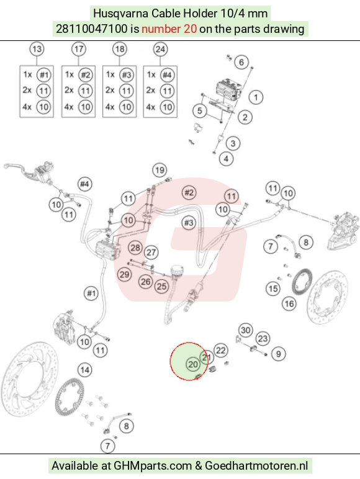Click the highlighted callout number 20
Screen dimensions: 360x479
[193, 364]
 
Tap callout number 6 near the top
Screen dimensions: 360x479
[241, 62]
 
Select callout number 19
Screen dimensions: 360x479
[160, 170]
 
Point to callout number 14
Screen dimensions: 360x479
[84, 370]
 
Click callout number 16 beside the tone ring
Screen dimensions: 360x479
[289, 304]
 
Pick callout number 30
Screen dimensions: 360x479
[246, 330]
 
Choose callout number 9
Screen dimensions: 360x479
[279, 354]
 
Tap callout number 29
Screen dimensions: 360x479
[124, 274]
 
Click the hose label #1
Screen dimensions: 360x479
[91, 293]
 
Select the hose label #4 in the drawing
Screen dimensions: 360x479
[84, 184]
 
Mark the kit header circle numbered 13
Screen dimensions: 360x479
[37, 49]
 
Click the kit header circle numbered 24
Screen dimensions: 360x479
[160, 49]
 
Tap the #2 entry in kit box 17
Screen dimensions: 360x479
[86, 75]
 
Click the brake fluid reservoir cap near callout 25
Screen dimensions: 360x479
[176, 270]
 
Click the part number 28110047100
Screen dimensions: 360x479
[91, 29]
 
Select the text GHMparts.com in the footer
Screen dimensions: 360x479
[153, 466]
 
